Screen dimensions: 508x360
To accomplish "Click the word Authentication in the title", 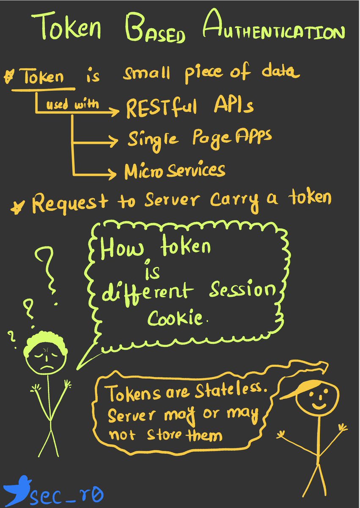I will coord(273,31).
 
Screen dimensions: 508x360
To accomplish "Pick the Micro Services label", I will coord(174,170).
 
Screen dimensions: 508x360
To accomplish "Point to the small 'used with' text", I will coord(74,105).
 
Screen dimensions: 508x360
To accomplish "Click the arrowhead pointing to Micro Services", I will coord(112,173).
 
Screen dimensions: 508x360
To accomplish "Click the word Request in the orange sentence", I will coord(63,203).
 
